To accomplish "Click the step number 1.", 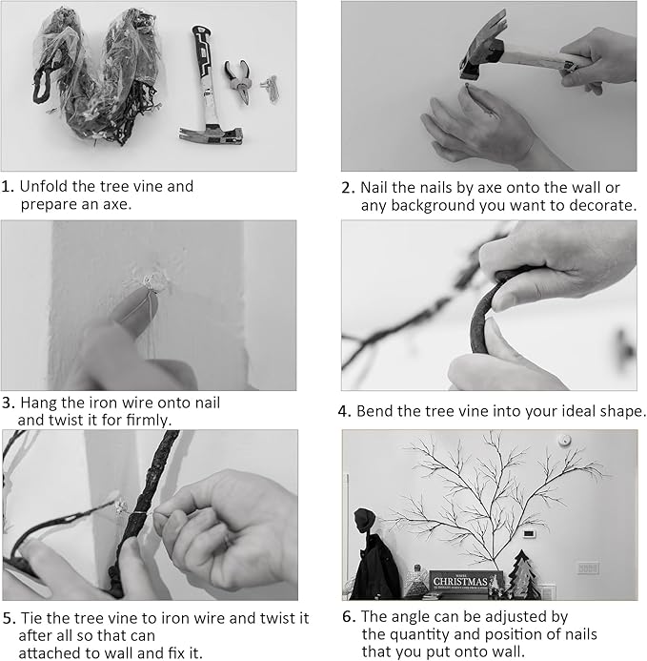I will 8,187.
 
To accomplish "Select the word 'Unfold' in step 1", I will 44,186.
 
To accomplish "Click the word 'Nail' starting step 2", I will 374,187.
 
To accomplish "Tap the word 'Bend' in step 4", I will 374,412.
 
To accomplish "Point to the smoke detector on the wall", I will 565,440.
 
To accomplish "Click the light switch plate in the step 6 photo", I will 587,568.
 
